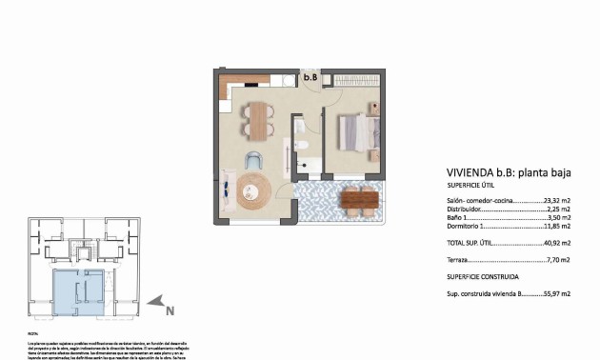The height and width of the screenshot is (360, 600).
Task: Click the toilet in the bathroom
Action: (300, 145)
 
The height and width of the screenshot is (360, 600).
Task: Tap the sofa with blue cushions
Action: (228, 193)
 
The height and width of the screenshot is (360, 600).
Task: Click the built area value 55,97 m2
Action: (556, 294)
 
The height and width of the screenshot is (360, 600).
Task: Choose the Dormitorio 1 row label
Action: (473, 228)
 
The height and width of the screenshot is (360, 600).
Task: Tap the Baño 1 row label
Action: (461, 219)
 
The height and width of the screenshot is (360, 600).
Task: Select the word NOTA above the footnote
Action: (31, 333)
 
